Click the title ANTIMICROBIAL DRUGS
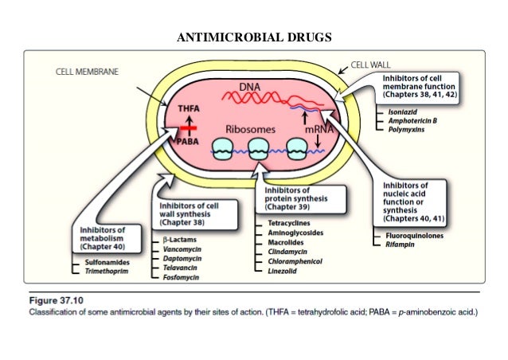[253, 36]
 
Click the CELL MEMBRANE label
[87, 71]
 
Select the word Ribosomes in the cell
[251, 128]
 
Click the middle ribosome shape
[258, 148]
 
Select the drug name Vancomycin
[179, 249]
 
